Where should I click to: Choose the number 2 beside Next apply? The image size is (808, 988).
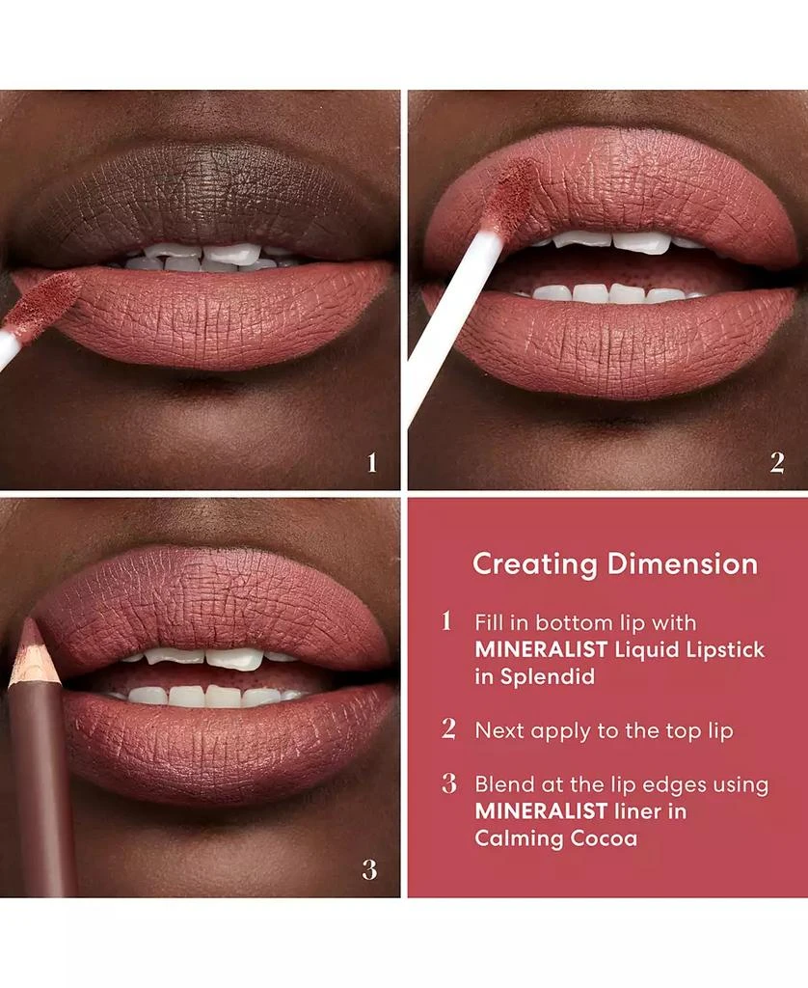[448, 729]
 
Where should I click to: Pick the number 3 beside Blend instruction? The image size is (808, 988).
[448, 783]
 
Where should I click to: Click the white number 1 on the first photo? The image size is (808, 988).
[372, 463]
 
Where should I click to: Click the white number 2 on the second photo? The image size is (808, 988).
[776, 463]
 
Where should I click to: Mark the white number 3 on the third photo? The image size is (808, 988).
[370, 869]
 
